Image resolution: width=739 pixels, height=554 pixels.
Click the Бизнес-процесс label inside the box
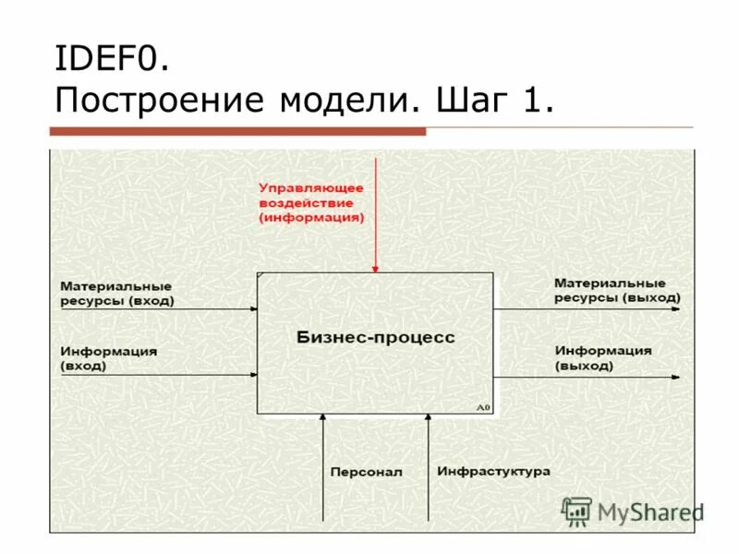(x=375, y=338)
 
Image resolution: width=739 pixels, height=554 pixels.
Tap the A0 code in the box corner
(x=483, y=407)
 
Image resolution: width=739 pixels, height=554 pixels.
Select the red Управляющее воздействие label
(x=311, y=202)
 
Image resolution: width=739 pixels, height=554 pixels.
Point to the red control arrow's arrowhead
(x=375, y=269)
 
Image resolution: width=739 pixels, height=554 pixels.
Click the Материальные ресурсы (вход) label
(x=116, y=294)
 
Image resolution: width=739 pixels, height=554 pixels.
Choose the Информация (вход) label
(x=108, y=358)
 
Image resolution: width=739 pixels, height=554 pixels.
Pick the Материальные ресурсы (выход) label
(x=617, y=290)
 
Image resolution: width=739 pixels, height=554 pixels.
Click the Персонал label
(x=366, y=472)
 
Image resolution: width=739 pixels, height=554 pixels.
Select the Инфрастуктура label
(x=493, y=471)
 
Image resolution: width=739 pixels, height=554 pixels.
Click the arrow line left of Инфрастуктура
(x=428, y=471)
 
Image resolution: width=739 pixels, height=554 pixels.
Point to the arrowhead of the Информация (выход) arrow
(x=678, y=378)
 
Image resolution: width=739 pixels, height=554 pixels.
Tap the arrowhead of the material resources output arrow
(x=678, y=309)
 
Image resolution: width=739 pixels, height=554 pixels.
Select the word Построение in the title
(x=159, y=99)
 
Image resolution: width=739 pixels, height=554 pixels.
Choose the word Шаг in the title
(x=467, y=99)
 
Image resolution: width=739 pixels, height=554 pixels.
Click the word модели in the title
(x=344, y=99)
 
